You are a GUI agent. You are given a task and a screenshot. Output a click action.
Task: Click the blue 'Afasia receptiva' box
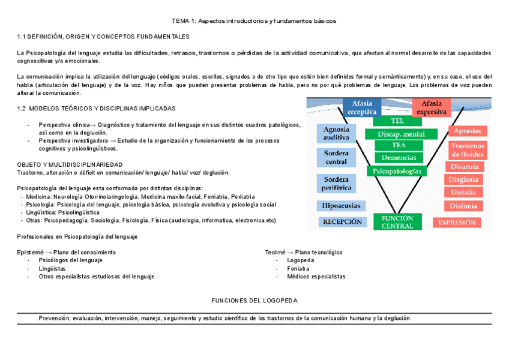[362, 107]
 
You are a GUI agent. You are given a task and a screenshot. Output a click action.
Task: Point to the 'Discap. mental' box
[397, 133]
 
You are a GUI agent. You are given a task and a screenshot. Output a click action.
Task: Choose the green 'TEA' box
[397, 146]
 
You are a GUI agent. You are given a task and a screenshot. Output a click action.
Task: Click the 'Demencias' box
[397, 158]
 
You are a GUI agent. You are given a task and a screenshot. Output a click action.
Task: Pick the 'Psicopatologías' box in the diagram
[397, 171]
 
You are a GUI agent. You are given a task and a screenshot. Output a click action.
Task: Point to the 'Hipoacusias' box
[340, 206]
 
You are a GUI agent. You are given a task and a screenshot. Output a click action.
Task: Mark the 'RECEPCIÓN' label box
[343, 221]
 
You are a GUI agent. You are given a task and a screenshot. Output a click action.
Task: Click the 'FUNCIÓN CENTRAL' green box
[397, 222]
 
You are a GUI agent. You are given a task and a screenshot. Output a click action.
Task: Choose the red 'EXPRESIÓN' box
[457, 222]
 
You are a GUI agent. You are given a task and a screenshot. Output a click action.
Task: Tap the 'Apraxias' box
[465, 131]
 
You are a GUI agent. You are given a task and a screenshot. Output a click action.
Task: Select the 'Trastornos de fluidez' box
[465, 149]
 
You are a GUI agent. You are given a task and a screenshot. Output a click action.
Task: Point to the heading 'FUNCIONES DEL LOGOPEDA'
[256, 299]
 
